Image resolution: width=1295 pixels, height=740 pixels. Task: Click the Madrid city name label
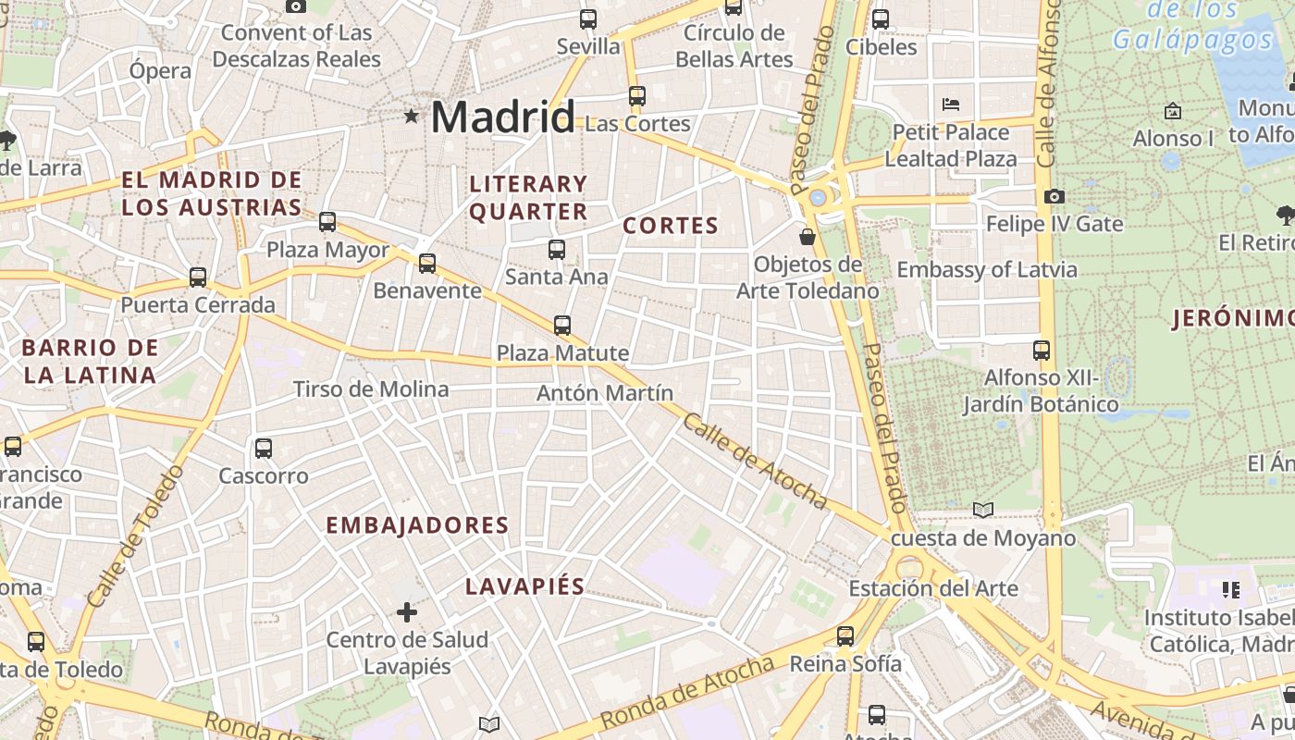click(502, 117)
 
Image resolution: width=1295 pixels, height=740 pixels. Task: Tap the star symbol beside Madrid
click(411, 116)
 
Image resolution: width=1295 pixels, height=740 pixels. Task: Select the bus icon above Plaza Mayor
click(327, 222)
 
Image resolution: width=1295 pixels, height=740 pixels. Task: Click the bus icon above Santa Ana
click(556, 249)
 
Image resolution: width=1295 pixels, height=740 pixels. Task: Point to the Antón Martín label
click(605, 393)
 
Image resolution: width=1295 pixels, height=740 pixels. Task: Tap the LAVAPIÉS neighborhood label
click(524, 586)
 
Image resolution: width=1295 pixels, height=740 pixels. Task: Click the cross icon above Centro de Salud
click(407, 611)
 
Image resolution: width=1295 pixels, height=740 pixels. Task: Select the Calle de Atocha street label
click(754, 461)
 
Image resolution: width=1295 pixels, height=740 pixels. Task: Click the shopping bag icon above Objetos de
click(808, 237)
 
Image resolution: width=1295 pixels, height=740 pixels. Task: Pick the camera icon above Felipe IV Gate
click(1054, 196)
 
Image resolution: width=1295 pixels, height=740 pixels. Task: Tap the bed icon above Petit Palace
click(951, 104)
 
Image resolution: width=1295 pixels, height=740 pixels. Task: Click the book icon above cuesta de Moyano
click(983, 510)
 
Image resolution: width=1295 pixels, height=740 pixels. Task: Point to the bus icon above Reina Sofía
click(845, 635)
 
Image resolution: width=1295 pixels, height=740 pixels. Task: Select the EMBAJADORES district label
click(417, 525)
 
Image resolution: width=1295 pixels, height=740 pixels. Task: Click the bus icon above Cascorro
click(264, 449)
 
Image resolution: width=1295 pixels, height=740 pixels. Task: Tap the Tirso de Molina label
click(371, 389)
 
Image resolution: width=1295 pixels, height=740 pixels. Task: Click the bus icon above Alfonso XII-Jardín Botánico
click(1042, 350)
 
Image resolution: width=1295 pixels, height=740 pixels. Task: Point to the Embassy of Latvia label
click(987, 270)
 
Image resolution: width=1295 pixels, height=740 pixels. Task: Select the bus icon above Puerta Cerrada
click(198, 277)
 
